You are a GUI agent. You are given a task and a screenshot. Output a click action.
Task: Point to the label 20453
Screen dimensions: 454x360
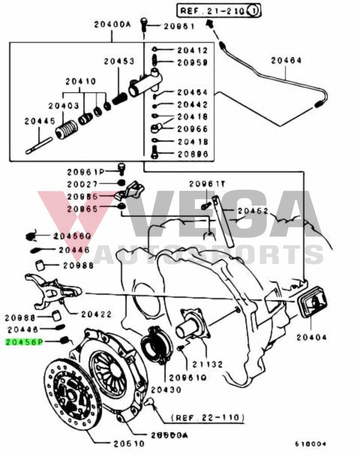coord(119,61)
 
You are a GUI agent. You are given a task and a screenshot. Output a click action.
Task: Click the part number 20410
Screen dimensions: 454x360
coord(80,82)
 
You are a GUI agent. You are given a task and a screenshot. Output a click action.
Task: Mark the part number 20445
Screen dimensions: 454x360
coord(40,121)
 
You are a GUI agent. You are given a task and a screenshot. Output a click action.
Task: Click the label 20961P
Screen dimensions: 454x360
coord(86,172)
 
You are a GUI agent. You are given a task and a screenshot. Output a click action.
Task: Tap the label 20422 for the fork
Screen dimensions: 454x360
coord(97,314)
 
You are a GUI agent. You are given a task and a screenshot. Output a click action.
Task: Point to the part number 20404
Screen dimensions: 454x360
coord(312,337)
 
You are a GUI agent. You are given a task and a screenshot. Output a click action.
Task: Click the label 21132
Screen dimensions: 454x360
coord(207,364)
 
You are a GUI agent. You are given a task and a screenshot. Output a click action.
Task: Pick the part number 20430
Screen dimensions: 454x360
coord(166,390)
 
